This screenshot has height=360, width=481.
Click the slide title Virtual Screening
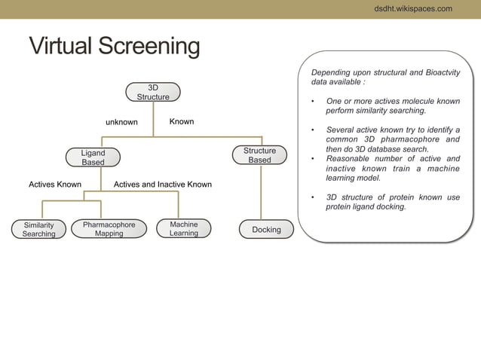pos(114,47)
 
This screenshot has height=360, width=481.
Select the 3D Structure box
pos(153,92)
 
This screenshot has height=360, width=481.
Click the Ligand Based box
pos(93,157)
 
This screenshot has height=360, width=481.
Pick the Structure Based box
pos(259,156)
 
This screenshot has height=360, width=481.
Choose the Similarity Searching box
pos(38,229)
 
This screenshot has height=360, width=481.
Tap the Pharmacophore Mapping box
pos(109,229)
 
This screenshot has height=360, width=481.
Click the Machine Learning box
pos(183,229)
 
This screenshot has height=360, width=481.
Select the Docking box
pos(266,229)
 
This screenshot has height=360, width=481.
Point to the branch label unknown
pos(121,122)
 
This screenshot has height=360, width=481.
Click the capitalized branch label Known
pos(182,121)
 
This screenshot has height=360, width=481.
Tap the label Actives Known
pos(55,185)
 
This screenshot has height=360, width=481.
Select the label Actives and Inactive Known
pos(162,185)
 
